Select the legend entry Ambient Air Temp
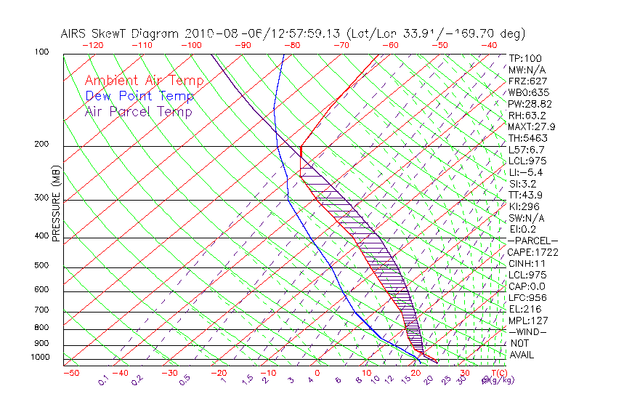pyautogui.click(x=144, y=81)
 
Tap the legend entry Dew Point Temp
pyautogui.click(x=139, y=96)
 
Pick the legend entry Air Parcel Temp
pyautogui.click(x=138, y=111)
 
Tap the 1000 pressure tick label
pyautogui.click(x=41, y=358)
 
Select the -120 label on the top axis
pyautogui.click(x=92, y=45)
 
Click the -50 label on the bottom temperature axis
pyautogui.click(x=70, y=373)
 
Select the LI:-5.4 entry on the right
pyautogui.click(x=526, y=172)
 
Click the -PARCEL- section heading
pyautogui.click(x=532, y=241)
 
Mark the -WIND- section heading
pyautogui.click(x=528, y=331)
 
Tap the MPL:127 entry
pyautogui.click(x=528, y=321)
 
